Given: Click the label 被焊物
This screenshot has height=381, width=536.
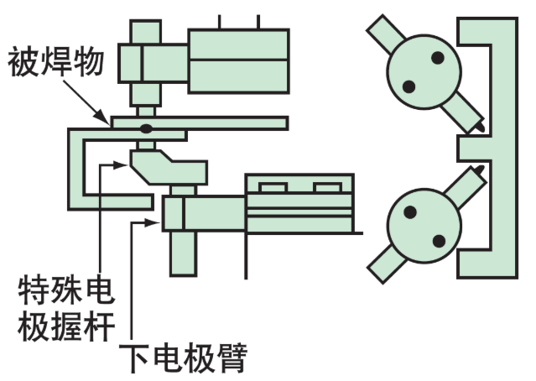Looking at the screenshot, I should click(58, 61).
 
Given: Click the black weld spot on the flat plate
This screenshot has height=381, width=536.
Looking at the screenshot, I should click(146, 128).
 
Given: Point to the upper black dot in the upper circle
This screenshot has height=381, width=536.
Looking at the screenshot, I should click(438, 58).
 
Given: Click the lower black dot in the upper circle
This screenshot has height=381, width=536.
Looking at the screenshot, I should click(409, 85).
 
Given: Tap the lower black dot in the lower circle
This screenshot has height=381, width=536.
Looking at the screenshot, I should click(438, 241).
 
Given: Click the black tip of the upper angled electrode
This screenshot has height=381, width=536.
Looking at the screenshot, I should click(480, 126).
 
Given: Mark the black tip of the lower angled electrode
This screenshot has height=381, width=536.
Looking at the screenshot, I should click(480, 171).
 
